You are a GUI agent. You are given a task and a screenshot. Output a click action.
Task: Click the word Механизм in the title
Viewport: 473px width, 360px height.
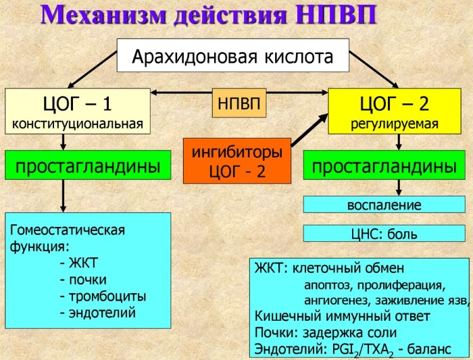tap(103, 14)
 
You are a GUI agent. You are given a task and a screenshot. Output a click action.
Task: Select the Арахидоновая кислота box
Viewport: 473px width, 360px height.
tap(233, 55)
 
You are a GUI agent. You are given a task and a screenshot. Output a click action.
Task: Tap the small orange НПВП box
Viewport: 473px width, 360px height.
tap(239, 103)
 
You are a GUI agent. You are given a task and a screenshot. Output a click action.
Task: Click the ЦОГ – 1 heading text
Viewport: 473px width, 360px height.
tap(78, 103)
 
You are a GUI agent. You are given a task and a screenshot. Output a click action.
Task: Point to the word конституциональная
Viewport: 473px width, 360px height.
tap(78, 124)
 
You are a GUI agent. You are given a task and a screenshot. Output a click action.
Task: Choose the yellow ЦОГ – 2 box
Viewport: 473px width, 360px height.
tap(395, 111)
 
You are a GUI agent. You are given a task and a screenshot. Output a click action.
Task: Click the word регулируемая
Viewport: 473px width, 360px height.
tap(395, 124)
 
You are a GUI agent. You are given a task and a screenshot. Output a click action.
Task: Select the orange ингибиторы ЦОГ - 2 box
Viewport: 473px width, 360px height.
tap(237, 161)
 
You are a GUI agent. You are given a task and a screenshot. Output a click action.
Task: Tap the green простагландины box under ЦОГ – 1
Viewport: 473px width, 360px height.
tap(88, 165)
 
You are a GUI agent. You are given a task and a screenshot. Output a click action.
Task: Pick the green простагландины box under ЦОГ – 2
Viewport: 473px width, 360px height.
tap(384, 165)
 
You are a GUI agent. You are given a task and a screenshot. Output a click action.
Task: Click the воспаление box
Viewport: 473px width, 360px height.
tap(384, 205)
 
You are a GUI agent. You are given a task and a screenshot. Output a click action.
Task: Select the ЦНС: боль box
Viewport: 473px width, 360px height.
tap(384, 233)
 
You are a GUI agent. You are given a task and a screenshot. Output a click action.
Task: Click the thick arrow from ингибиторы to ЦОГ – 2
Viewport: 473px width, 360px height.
tap(309, 130)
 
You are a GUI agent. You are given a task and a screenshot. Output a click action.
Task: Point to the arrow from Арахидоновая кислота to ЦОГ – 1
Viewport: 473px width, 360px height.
tap(93, 70)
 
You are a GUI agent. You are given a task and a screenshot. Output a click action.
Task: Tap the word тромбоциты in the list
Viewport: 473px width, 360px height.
tap(107, 297)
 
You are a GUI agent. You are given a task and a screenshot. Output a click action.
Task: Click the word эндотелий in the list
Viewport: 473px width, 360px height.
tap(102, 313)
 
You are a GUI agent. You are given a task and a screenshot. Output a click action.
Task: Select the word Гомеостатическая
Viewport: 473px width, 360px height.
tap(68, 230)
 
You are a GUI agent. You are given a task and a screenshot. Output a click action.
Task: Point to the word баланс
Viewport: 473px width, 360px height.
tap(429, 349)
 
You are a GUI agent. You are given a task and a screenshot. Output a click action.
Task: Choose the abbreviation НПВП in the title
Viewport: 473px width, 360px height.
tap(336, 14)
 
